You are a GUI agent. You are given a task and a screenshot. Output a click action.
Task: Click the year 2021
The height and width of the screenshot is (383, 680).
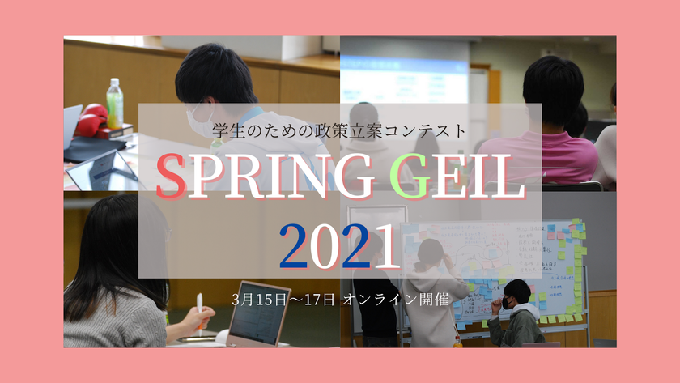(x=340, y=244)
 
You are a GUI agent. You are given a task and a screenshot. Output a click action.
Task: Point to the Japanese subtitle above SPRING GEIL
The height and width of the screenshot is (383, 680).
(x=340, y=129)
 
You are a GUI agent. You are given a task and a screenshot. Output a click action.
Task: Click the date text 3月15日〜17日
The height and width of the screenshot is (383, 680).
(x=283, y=298)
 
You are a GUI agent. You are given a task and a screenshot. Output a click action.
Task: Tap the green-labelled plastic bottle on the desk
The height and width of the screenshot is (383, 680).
(x=115, y=103)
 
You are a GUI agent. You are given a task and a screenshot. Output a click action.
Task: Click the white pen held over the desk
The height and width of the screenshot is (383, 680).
(x=199, y=312)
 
